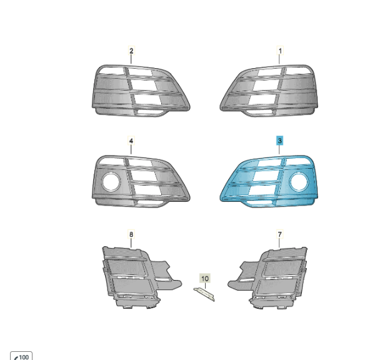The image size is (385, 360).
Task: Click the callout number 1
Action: pyautogui.click(x=280, y=51)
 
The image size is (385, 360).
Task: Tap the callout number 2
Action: pyautogui.click(x=131, y=51)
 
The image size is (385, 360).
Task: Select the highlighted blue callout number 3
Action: pyautogui.click(x=279, y=141)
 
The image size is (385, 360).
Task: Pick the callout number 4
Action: pyautogui.click(x=131, y=141)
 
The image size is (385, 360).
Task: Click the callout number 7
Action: pyautogui.click(x=279, y=234)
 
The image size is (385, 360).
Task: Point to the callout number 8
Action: pyautogui.click(x=131, y=234)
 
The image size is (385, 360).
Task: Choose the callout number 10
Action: pyautogui.click(x=205, y=279)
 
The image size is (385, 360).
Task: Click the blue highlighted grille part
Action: pyautogui.click(x=269, y=181)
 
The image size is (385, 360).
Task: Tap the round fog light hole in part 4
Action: pyautogui.click(x=111, y=182)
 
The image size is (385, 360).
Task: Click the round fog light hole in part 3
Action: pyautogui.click(x=299, y=182)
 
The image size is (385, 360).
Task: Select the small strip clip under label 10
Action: pyautogui.click(x=204, y=294)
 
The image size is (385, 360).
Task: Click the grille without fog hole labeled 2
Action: pyautogui.click(x=141, y=91)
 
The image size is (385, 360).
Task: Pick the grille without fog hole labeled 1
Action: pyautogui.click(x=269, y=91)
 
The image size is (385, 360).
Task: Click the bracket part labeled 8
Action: pyautogui.click(x=137, y=277)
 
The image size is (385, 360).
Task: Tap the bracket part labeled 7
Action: pyautogui.click(x=272, y=277)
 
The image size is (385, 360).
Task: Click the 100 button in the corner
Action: pyautogui.click(x=21, y=356)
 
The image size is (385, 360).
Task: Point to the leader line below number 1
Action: pyautogui.click(x=279, y=59)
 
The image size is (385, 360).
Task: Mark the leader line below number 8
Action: pyautogui.click(x=131, y=243)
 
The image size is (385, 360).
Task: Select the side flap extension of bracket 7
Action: pyautogui.click(x=243, y=275)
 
